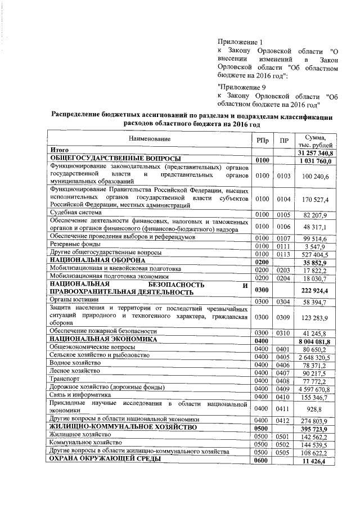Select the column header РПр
[262, 139]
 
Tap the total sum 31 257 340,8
[315, 153]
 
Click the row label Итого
[59, 151]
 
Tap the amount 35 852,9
[317, 262]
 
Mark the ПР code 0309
[283, 318]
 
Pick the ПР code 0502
[283, 444]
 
